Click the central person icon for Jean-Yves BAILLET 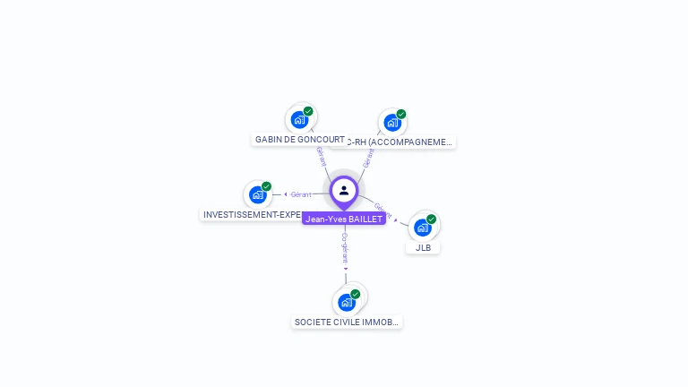[x=344, y=190]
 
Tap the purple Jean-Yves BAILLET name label [x=344, y=219]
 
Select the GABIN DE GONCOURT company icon [x=299, y=120]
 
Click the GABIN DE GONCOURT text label [x=300, y=140]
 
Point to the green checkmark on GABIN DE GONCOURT [x=308, y=111]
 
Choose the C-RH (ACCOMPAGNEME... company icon [x=391, y=122]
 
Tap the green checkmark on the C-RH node [x=401, y=114]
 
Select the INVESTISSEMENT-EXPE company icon [x=258, y=194]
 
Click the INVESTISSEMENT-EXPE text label [x=251, y=215]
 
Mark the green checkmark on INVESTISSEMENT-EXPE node [x=266, y=186]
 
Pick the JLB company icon [x=423, y=228]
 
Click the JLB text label [x=423, y=247]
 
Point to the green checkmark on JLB [x=431, y=219]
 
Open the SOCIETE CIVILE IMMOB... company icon [x=347, y=302]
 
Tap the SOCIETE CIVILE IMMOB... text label [x=347, y=322]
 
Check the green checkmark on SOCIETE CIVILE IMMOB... [x=355, y=294]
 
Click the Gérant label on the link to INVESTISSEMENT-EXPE [x=301, y=194]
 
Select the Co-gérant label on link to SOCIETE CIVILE [x=345, y=247]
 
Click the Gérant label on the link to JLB [x=383, y=210]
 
